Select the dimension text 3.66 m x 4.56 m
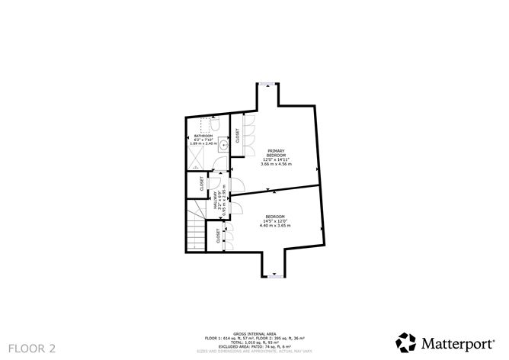[x=276, y=164]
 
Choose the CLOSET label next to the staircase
[x=218, y=236]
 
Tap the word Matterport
[x=456, y=340]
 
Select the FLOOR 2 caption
[x=30, y=349]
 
